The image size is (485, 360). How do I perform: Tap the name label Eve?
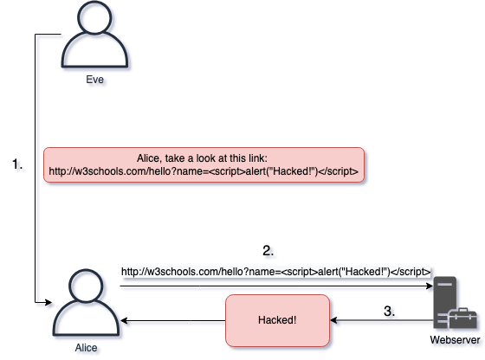click(97, 80)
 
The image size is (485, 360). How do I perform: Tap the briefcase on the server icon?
click(456, 324)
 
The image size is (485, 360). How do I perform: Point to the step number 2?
click(269, 253)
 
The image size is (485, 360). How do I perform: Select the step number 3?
click(391, 312)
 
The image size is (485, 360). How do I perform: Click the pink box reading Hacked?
click(277, 320)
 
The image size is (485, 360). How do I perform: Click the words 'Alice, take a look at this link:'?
click(204, 157)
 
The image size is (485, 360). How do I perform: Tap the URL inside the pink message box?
click(204, 171)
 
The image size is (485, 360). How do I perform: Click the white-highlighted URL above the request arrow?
click(275, 272)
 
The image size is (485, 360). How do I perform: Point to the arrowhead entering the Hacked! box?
click(336, 322)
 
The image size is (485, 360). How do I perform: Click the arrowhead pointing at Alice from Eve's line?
click(48, 303)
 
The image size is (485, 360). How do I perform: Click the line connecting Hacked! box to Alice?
click(178, 323)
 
